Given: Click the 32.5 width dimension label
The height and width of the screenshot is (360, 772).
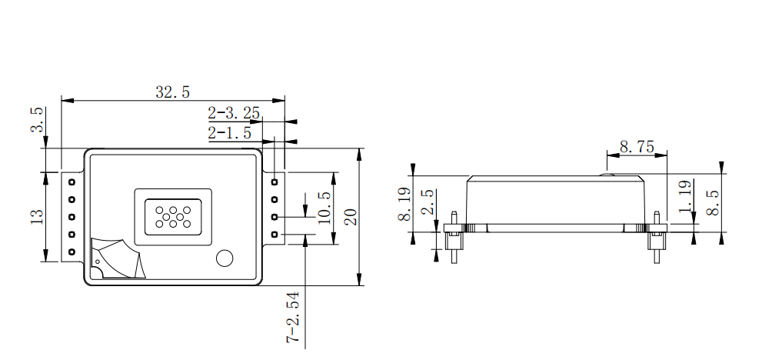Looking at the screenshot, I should coord(172,92).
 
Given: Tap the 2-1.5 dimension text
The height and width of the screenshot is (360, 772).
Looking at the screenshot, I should coord(230,133).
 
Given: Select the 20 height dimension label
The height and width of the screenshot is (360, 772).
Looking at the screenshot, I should coord(351,217).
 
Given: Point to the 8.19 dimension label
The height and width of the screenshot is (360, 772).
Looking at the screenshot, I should coord(403,206).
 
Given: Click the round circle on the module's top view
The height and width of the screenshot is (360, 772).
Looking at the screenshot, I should coord(225,258).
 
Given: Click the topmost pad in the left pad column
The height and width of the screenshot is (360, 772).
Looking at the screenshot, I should coord(72,182).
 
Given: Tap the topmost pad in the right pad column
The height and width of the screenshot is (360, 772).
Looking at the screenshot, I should coord(275,182).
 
